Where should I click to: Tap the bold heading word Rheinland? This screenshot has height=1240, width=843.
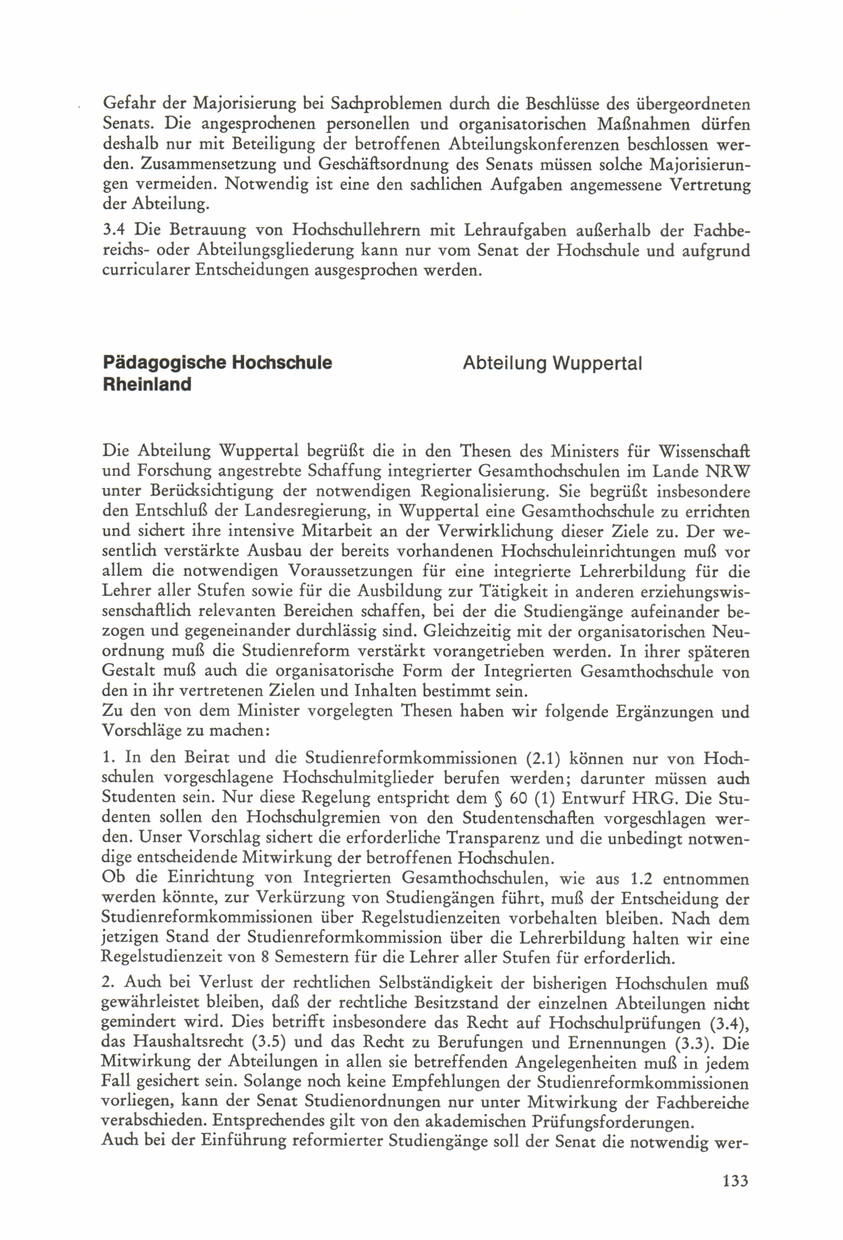(x=147, y=384)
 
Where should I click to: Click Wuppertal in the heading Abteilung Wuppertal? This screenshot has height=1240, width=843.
(x=597, y=363)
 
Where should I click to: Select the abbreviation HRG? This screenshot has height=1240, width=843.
(x=655, y=798)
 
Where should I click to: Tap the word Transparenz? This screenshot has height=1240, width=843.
(x=490, y=838)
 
